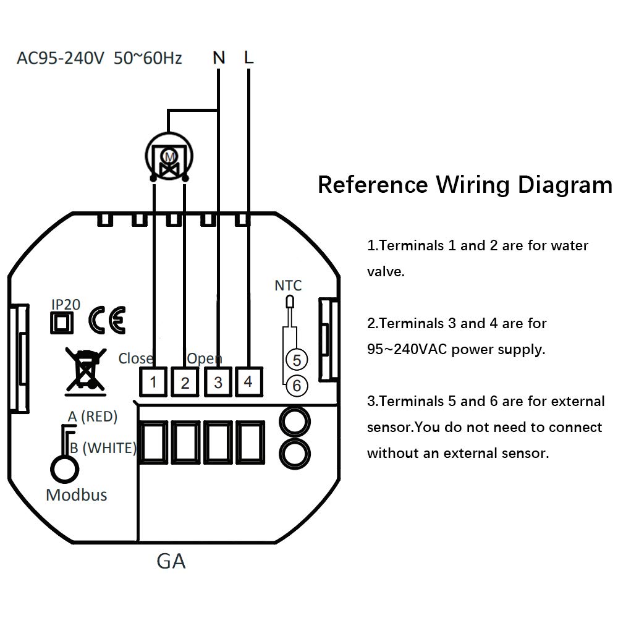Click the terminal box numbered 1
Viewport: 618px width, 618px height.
(x=153, y=382)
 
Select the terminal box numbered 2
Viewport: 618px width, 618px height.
(x=185, y=382)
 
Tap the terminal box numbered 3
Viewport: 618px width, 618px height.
(x=218, y=382)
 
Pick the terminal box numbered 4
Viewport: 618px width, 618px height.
(x=248, y=381)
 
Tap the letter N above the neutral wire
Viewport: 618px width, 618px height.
(x=219, y=58)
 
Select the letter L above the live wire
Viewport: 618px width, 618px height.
(x=248, y=58)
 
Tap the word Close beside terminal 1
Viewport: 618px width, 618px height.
(x=135, y=358)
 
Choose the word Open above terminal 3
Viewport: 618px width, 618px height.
(x=204, y=358)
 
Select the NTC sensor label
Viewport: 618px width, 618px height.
(x=288, y=286)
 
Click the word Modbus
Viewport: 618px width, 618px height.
(x=77, y=494)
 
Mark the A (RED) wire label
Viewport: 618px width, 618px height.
(x=92, y=417)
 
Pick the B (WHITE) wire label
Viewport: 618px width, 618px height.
(x=103, y=447)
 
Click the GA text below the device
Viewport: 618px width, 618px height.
(x=171, y=561)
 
